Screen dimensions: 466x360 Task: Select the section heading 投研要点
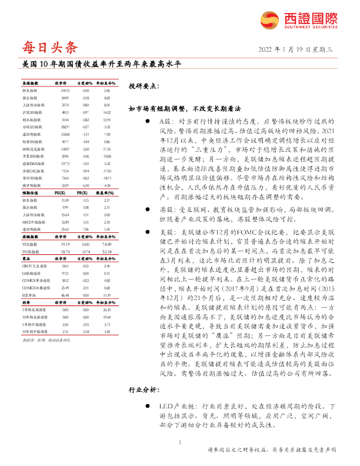[x=144, y=86]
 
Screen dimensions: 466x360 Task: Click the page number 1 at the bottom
[x=179, y=442]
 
